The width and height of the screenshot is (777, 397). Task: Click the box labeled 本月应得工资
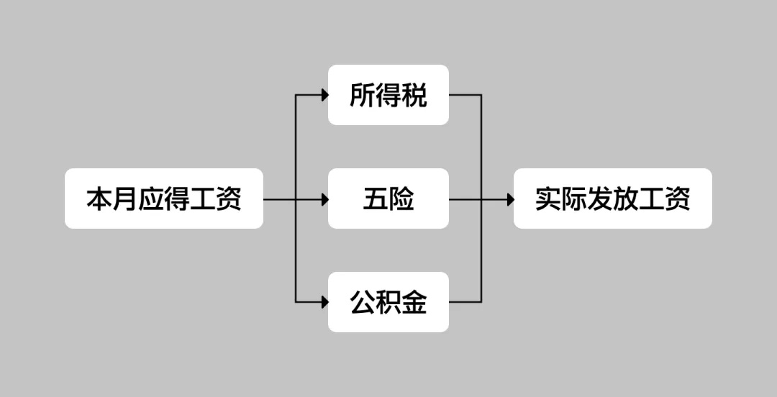pos(164,198)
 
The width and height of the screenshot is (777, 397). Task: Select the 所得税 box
pos(388,95)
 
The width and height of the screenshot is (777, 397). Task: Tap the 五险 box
pos(388,198)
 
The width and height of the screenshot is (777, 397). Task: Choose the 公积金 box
pos(388,302)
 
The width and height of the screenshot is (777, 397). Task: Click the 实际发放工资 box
pos(612,198)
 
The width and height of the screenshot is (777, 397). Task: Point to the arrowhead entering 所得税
pos(325,95)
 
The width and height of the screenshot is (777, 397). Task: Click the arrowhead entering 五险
pos(325,198)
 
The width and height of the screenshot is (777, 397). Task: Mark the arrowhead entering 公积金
pos(325,302)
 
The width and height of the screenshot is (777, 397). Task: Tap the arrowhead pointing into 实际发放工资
pos(510,198)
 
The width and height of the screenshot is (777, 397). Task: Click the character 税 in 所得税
pos(414,95)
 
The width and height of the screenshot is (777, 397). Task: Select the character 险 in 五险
pos(401,198)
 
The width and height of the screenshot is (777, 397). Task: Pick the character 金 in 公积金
pos(414,302)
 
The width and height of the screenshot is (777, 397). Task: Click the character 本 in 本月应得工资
pos(99,198)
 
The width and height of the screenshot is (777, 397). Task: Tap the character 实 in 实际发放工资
pos(547,198)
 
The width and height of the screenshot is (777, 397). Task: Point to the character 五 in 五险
pos(376,198)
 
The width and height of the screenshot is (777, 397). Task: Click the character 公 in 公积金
pos(363,302)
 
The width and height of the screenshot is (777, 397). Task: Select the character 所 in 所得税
pos(363,95)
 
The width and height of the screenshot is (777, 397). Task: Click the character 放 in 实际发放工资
pos(625,198)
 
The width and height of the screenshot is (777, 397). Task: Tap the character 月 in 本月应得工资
pos(125,198)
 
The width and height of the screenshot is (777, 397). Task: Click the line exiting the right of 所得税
pos(465,95)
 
